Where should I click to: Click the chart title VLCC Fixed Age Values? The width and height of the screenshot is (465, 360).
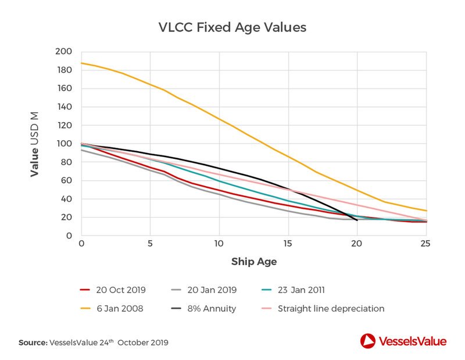point(233,27)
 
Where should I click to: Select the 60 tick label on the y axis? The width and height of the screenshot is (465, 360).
point(65,180)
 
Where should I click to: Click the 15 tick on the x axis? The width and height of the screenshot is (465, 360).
point(288,244)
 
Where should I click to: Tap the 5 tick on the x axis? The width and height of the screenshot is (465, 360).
point(150,244)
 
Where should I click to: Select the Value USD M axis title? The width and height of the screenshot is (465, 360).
point(35,144)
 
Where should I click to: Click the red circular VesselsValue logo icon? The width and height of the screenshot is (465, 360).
point(367,341)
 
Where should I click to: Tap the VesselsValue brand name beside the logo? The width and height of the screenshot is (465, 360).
point(413,341)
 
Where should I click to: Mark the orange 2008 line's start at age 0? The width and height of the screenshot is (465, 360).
point(81,63)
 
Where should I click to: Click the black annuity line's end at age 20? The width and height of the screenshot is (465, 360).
point(356,220)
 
